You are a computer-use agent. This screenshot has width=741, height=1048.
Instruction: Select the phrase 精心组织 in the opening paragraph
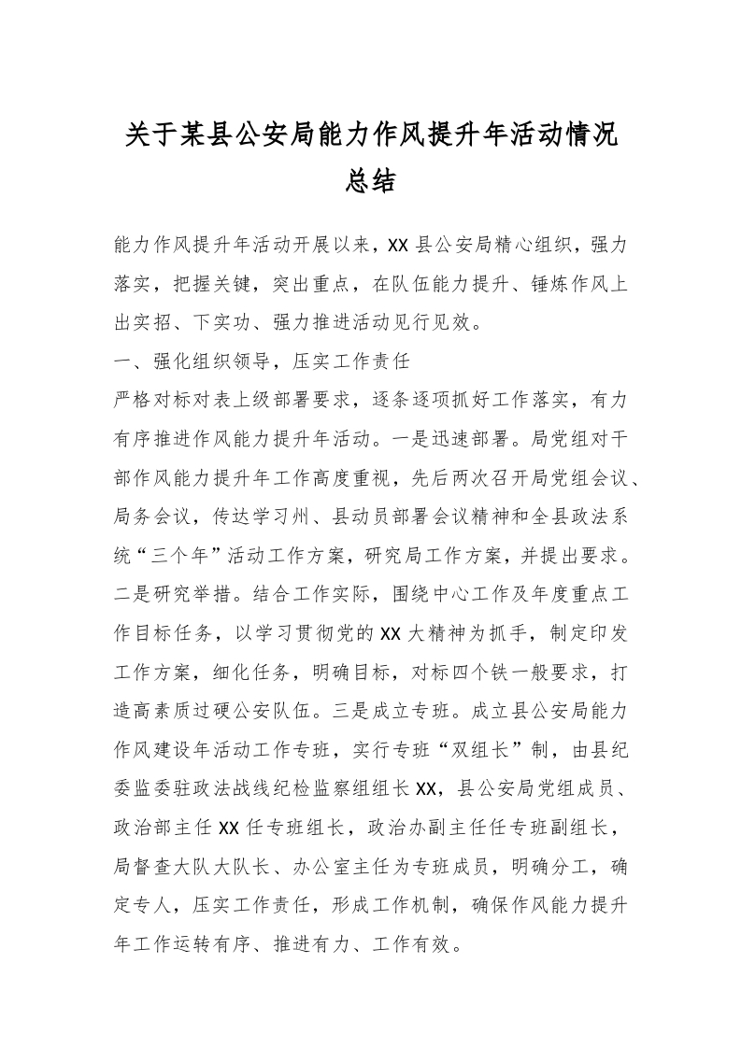click(x=525, y=246)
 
